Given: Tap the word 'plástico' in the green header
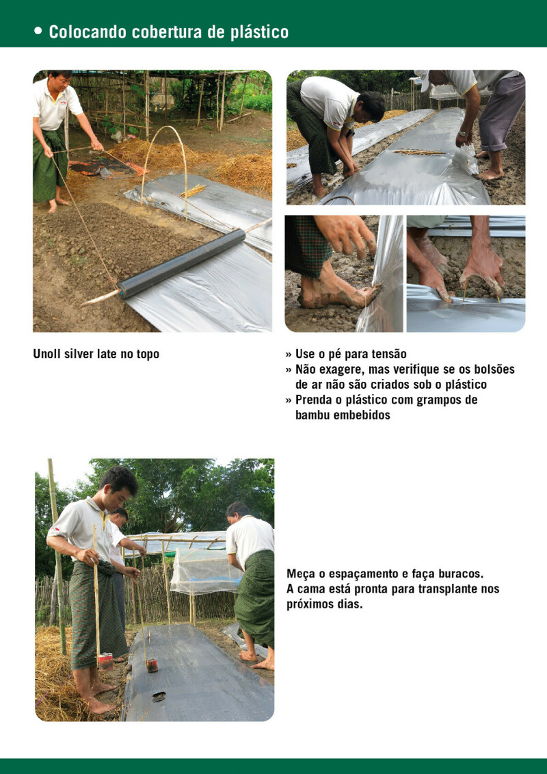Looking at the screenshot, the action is pos(259,33).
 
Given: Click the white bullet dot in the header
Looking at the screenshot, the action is pos(38,31).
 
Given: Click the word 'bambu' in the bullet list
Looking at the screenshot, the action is pos(312,415).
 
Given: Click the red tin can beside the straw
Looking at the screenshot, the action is pos(105,662).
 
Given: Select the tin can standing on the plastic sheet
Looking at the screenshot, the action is pos(152,665).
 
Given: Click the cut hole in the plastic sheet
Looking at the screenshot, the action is pos(159,697).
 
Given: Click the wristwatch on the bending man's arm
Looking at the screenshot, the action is pos(463,133).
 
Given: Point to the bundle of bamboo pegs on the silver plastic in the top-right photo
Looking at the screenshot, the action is pos(418,152).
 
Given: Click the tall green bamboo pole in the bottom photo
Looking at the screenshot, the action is pos(57,557).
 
